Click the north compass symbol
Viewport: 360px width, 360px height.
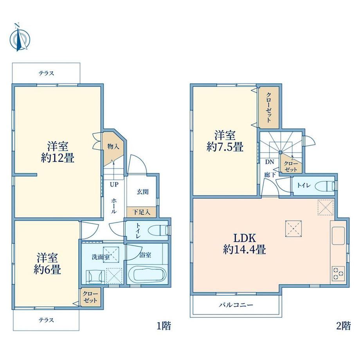pos(20,38)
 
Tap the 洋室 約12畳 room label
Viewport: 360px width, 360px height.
pos(58,152)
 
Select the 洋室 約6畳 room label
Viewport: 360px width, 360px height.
pos(47,264)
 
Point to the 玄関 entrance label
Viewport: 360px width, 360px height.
pos(142,192)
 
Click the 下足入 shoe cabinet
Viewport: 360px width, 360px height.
pos(141,212)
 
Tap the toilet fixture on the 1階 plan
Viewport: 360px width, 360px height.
pos(159,230)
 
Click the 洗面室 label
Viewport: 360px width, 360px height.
pos(101,257)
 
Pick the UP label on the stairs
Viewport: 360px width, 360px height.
pos(114,185)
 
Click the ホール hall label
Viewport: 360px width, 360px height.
pos(113,206)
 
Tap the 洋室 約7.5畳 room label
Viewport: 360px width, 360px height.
pos(225,141)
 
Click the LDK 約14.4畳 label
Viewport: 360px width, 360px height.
pos(245,244)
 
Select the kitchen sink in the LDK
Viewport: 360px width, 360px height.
pos(338,236)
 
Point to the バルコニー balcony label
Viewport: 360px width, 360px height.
pos(236,305)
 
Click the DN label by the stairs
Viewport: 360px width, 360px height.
pos(270,162)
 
